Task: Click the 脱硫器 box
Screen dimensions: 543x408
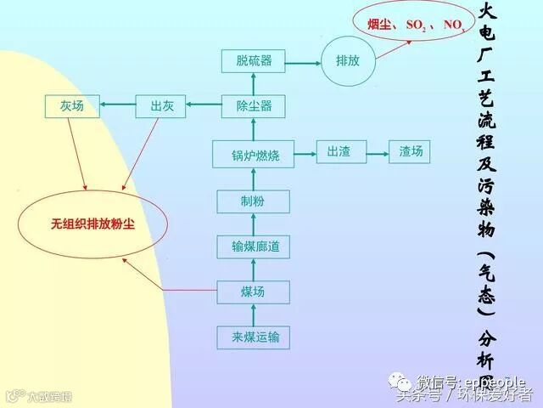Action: tap(254, 60)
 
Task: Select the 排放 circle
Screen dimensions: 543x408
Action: tap(348, 60)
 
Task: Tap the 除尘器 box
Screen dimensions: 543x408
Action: tap(254, 106)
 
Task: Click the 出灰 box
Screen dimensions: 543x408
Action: tap(161, 106)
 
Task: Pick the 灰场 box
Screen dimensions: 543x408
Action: tap(71, 106)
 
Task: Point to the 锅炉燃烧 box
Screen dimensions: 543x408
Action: tap(254, 155)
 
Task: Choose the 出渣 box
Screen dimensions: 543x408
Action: tap(339, 152)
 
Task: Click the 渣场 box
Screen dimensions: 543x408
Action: tap(411, 152)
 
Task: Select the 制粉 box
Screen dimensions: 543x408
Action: tap(254, 201)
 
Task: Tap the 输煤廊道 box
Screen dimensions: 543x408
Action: tap(254, 247)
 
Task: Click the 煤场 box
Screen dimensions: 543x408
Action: tap(254, 292)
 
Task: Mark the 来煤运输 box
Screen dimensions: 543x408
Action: tap(254, 337)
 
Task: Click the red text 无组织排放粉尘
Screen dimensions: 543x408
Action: tap(92, 224)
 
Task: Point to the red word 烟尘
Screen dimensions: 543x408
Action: tap(379, 25)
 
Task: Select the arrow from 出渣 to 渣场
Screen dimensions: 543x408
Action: tap(375, 152)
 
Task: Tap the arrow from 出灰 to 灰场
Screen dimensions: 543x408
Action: tap(116, 106)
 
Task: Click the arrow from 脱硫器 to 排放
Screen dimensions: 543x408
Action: tap(304, 60)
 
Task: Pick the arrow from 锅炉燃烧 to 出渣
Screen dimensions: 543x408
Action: tap(305, 152)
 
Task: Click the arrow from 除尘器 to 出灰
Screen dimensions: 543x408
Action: tap(204, 106)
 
